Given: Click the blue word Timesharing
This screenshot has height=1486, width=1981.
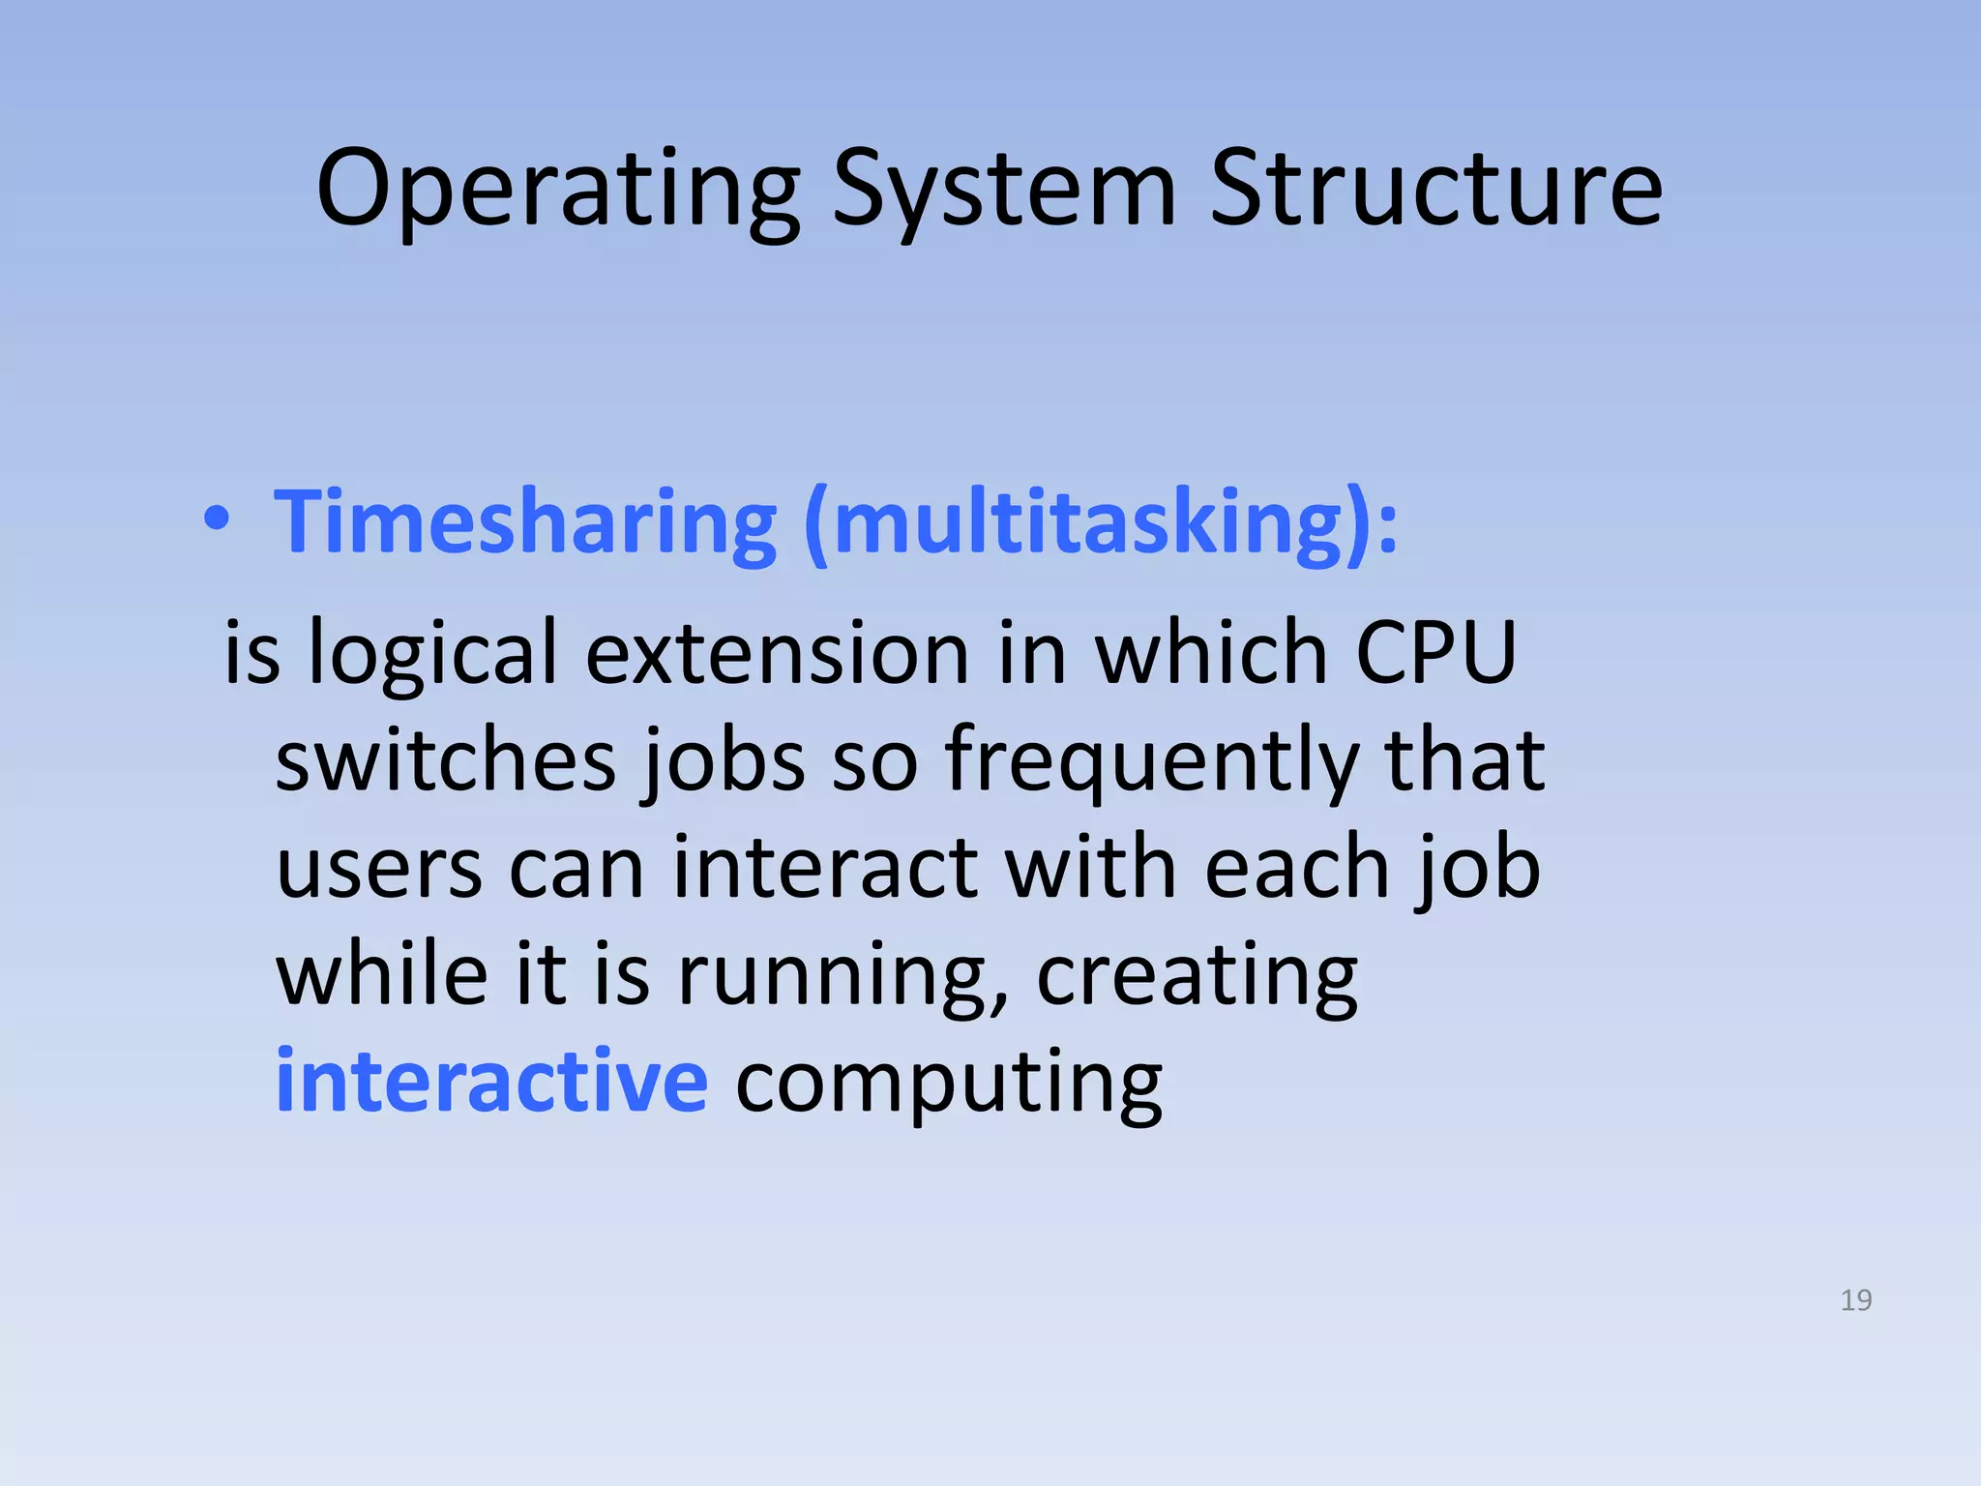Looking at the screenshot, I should point(525,522).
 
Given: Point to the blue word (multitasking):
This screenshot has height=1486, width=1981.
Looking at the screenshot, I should point(1101,522).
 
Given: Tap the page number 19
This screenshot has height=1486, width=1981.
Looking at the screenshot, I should point(1855,1300).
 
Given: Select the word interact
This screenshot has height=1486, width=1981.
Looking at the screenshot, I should point(825,868).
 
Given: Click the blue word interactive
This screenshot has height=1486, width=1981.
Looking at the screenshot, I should point(491,1081).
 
